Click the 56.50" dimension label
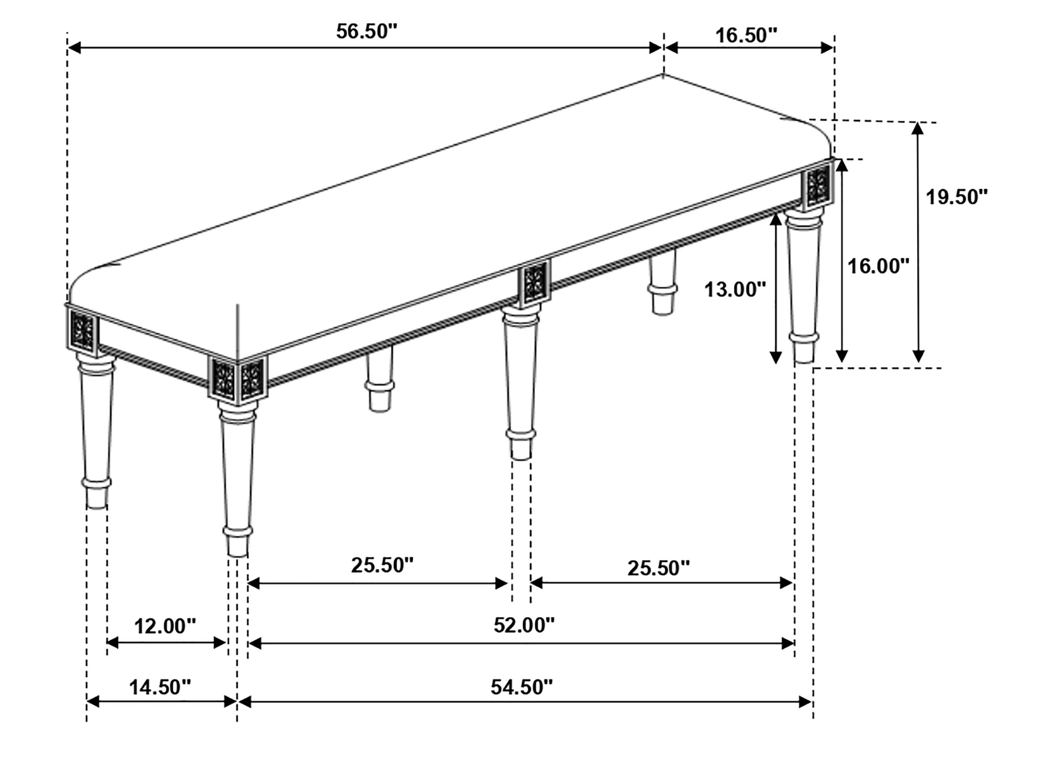coord(367,32)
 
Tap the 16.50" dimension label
coord(746,35)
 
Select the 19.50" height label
coord(956,197)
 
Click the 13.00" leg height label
coord(735,290)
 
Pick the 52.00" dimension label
coord(524,625)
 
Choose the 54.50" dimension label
coord(521,687)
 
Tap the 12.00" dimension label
coord(165,626)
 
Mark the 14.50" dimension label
coord(160,687)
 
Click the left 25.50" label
coord(382,565)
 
